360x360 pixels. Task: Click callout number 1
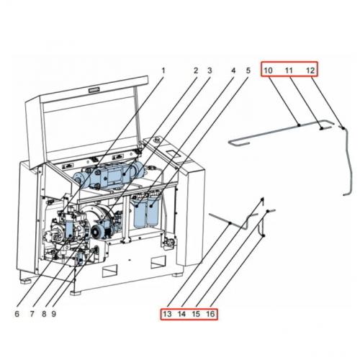[163, 71]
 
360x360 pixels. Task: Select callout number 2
[195, 71]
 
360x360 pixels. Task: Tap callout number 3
[210, 71]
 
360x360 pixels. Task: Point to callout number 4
[233, 71]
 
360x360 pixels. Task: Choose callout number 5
[248, 71]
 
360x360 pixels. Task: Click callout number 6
[17, 314]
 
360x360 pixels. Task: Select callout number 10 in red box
[267, 70]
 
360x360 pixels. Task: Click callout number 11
[288, 70]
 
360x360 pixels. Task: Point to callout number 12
[310, 70]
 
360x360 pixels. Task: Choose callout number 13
[167, 315]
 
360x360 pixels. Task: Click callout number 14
[181, 315]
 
